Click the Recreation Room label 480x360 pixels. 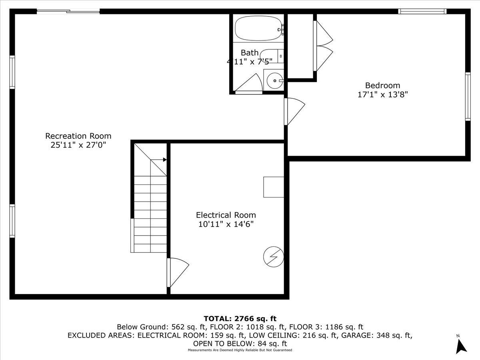(78, 136)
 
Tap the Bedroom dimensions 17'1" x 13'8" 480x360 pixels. (382, 95)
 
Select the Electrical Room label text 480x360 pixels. (226, 215)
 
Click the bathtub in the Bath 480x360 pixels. (258, 28)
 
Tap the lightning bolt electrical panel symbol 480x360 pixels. (274, 256)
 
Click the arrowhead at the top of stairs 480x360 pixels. (164, 160)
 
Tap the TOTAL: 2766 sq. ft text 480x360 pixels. (240, 319)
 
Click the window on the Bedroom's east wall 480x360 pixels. (468, 96)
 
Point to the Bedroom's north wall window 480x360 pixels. (422, 12)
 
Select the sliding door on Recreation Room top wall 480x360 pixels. (68, 12)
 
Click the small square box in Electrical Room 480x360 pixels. (274, 187)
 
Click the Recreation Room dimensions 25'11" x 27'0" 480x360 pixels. (78, 145)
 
